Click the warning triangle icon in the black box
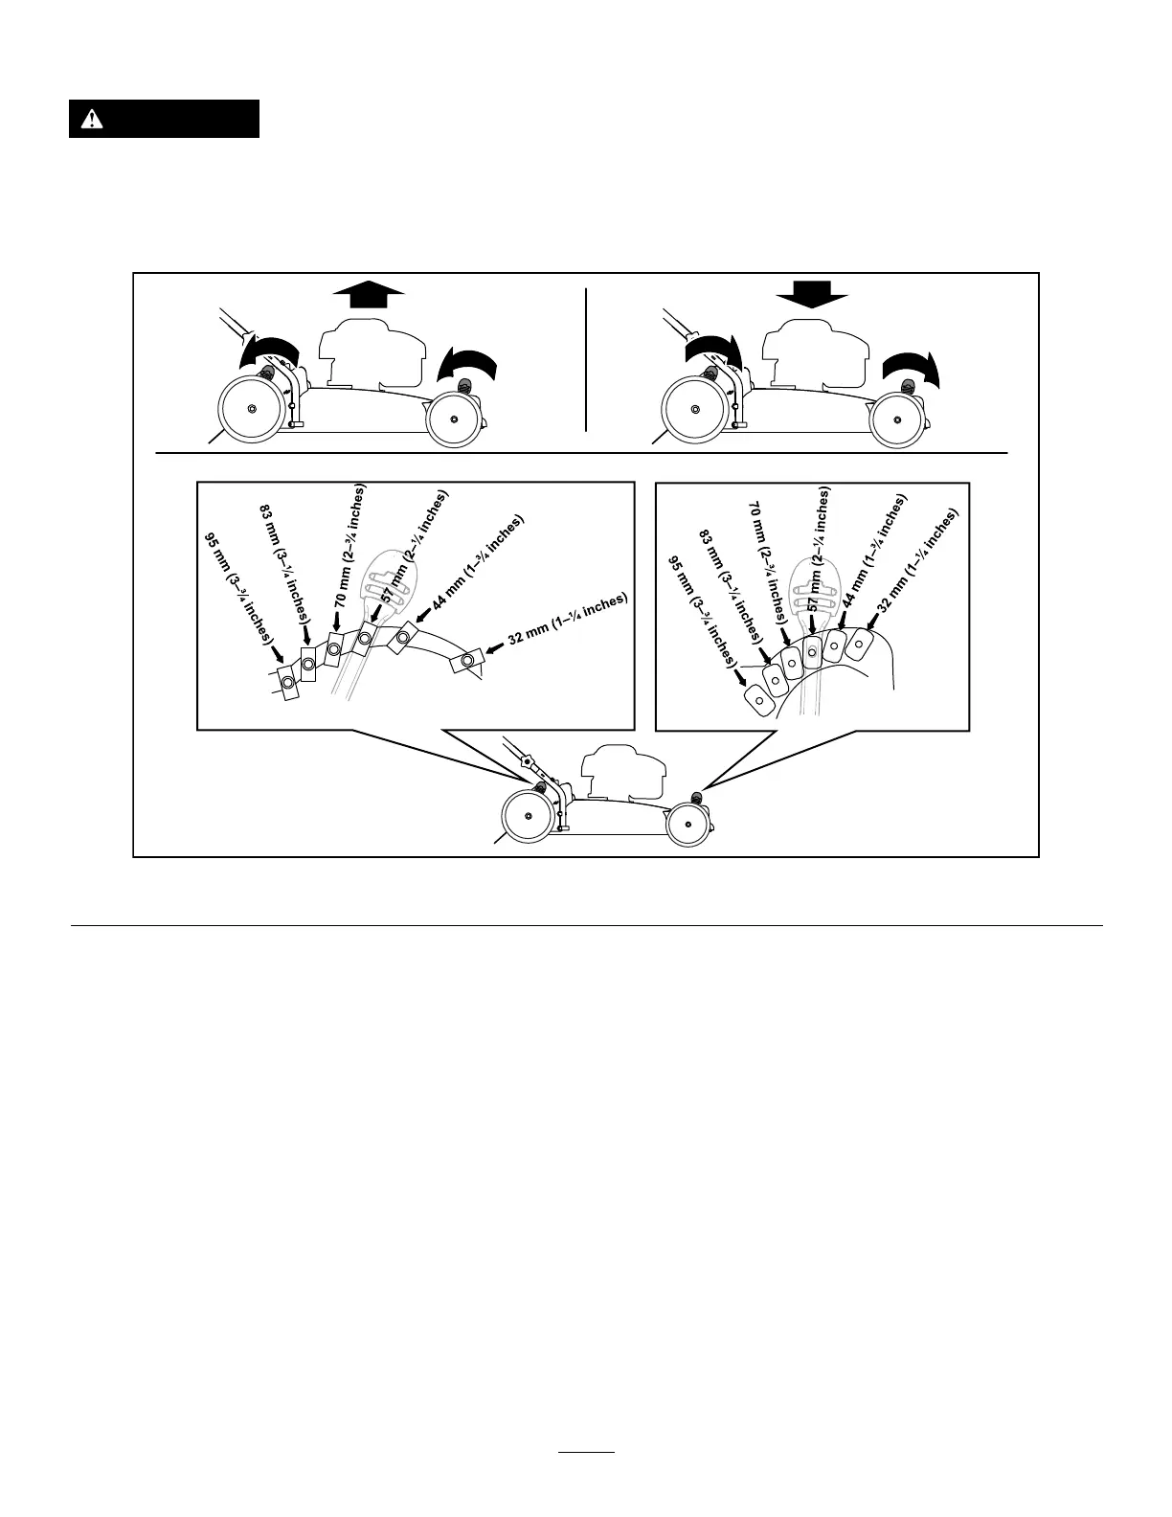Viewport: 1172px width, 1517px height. pyautogui.click(x=91, y=119)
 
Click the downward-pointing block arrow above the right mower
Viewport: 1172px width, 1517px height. pyautogui.click(x=812, y=294)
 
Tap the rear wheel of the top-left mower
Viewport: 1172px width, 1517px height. pyautogui.click(x=251, y=409)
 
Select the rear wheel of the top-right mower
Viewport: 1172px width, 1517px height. pyautogui.click(x=693, y=409)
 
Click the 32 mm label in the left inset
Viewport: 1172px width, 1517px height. pyautogui.click(x=567, y=620)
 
